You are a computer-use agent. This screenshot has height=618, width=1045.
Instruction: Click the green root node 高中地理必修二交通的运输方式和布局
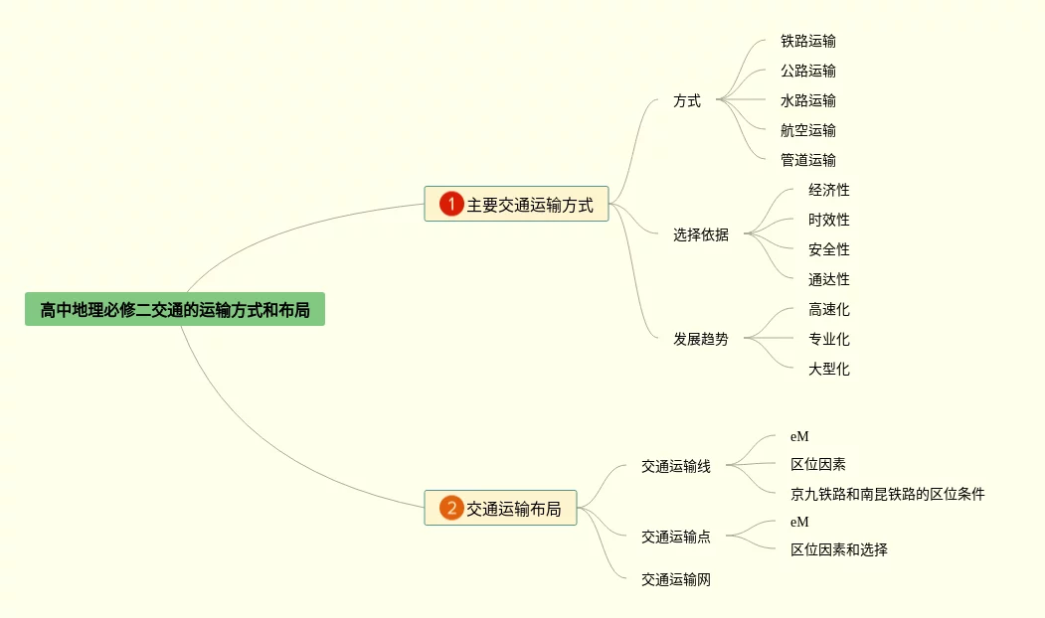[175, 310]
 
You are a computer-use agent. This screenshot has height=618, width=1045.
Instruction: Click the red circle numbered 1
[451, 205]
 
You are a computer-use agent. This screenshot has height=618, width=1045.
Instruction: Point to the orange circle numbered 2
[451, 509]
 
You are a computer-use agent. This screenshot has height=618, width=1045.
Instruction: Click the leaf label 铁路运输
[807, 41]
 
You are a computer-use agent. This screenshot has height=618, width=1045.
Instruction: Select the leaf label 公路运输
[807, 71]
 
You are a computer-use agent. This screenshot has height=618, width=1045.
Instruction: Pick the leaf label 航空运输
[807, 130]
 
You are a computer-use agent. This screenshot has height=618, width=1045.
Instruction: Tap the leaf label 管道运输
[807, 160]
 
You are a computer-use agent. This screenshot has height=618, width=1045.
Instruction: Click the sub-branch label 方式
[686, 100]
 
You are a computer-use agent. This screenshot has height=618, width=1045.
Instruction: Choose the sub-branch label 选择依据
[700, 234]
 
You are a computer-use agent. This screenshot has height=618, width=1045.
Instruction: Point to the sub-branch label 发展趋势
[700, 339]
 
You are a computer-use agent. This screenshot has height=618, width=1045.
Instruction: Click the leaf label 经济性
[828, 190]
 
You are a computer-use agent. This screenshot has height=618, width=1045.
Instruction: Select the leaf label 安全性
[828, 249]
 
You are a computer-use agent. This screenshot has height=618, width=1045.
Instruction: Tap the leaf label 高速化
[828, 309]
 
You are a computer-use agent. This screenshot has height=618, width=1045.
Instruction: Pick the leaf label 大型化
[828, 369]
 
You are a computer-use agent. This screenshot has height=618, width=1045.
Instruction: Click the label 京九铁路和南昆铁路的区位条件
[887, 494]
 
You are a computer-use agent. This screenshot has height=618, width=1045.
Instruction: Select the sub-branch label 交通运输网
[675, 580]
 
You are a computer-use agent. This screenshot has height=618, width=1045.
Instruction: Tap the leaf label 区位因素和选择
[838, 549]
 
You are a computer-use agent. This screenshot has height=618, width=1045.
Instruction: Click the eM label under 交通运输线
[799, 436]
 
